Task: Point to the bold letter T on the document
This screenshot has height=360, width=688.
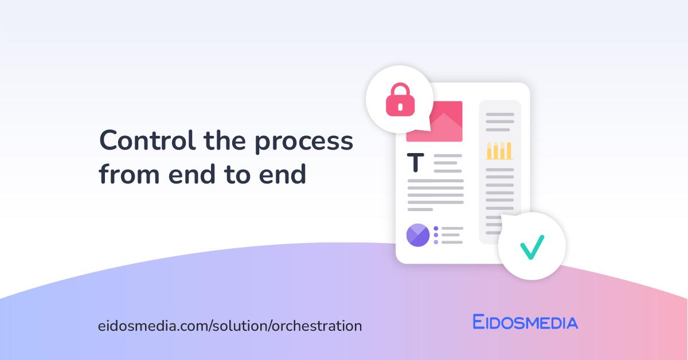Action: [x=416, y=163]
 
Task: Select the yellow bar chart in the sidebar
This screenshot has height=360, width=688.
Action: [x=499, y=150]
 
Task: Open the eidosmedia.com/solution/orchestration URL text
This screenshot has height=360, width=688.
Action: [x=230, y=326]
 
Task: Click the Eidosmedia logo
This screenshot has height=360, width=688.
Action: [x=525, y=322]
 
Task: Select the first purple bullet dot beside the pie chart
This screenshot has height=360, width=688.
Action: [x=436, y=228]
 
